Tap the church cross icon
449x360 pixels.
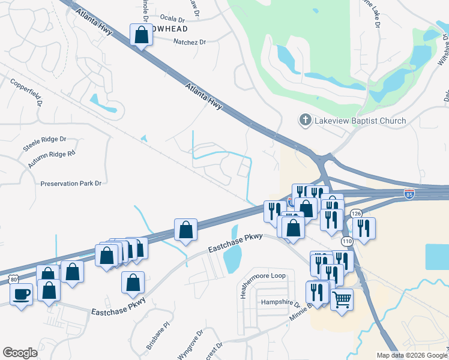coord(305,121)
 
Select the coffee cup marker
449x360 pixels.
coord(22,295)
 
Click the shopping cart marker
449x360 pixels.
coord(342,298)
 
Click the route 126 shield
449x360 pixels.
coord(356,214)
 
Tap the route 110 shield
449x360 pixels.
coord(346,241)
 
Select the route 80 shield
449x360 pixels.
coord(14,279)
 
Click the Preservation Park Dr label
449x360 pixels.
coord(71,183)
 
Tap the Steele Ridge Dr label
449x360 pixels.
coord(44,143)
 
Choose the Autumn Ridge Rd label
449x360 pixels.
coord(51,159)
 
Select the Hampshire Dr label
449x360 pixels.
coord(280,303)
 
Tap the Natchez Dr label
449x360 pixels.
coord(189,42)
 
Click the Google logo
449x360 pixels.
coord(20,353)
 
